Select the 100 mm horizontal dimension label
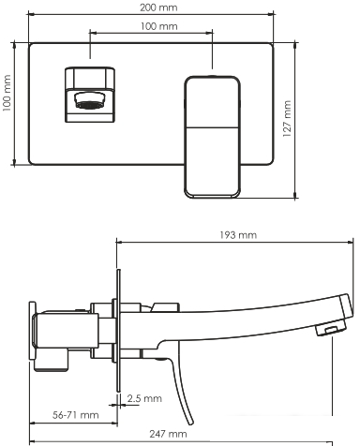(x=152, y=26)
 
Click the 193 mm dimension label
(x=234, y=235)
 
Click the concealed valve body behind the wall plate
(x=66, y=333)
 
